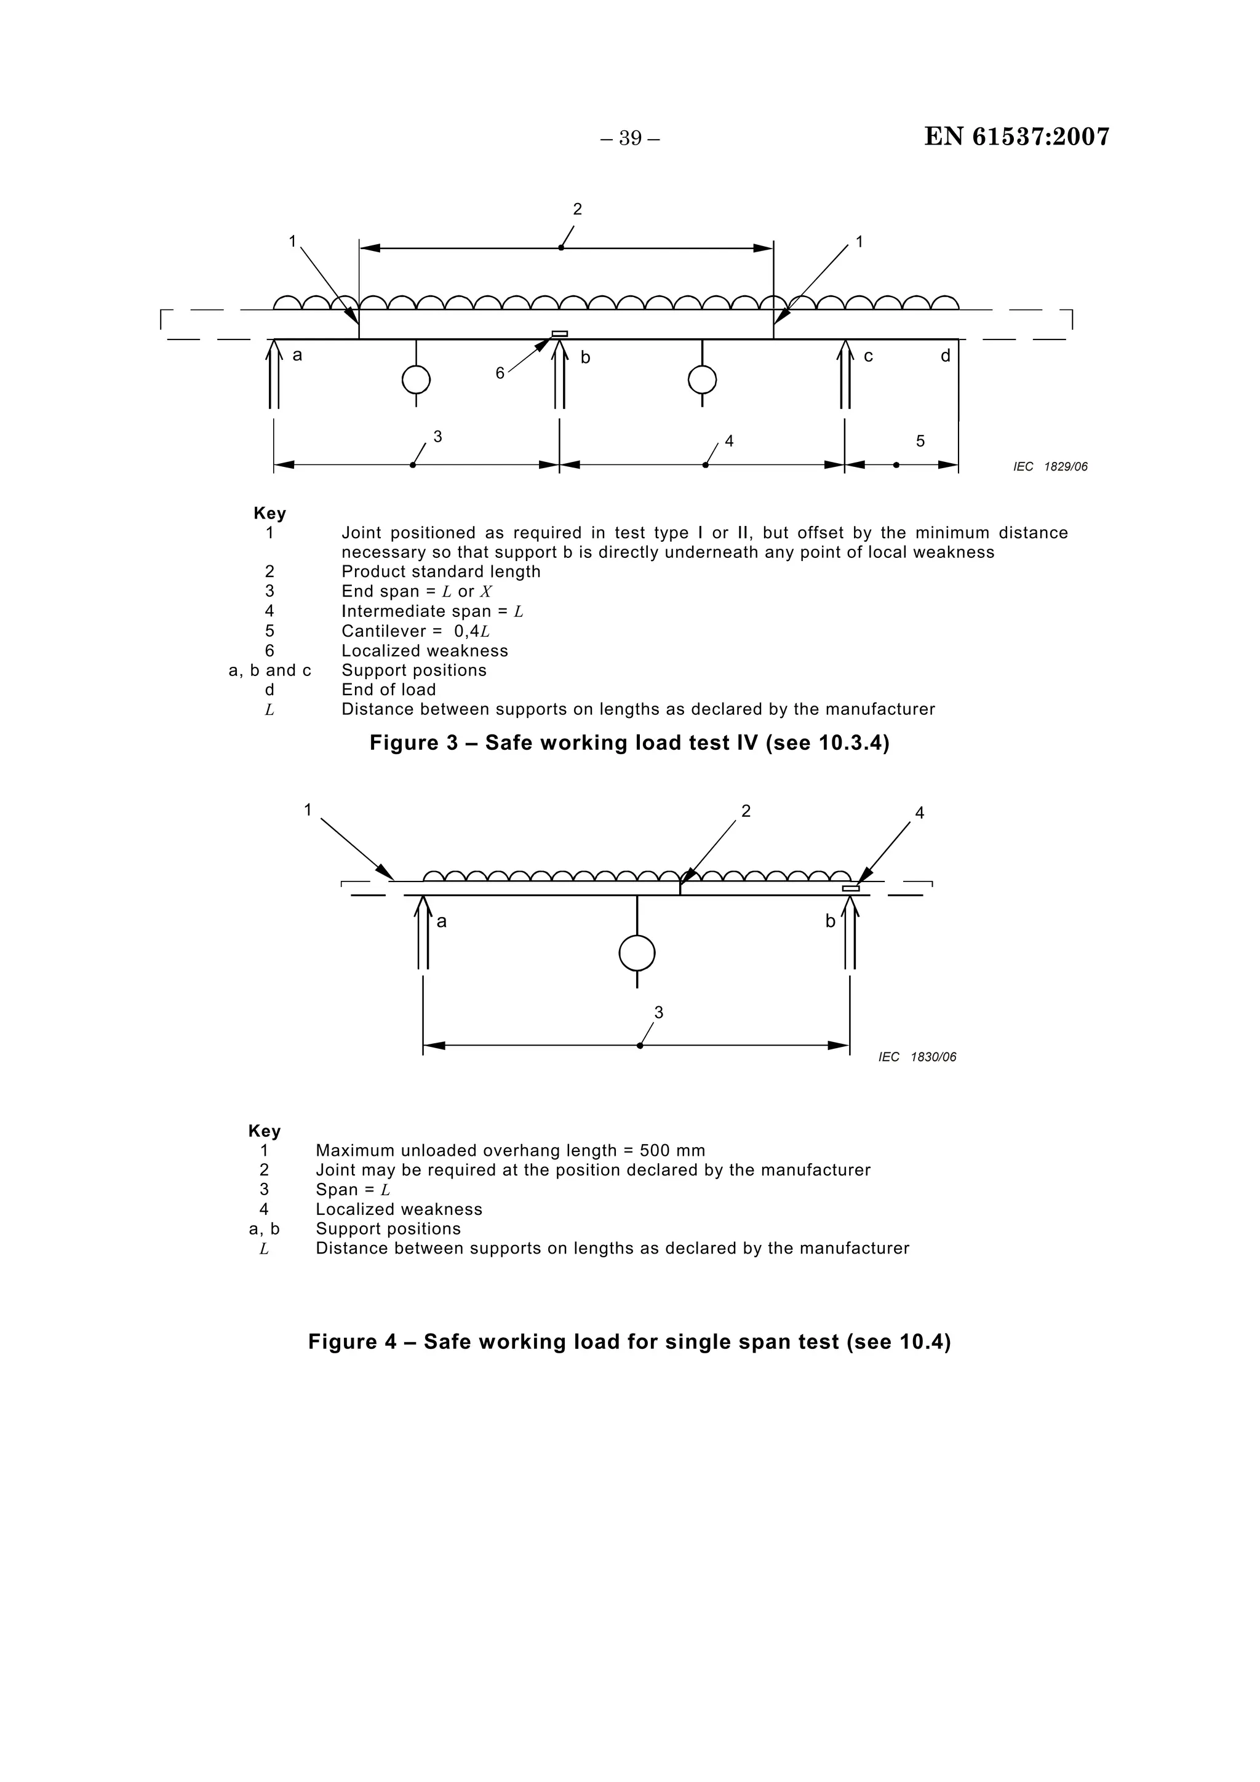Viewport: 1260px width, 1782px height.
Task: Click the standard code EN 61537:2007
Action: [x=1016, y=137]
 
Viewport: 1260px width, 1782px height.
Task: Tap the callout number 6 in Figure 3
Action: [x=500, y=373]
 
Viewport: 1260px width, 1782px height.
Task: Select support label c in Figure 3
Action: [x=868, y=356]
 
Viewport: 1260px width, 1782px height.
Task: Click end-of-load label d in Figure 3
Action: [x=945, y=356]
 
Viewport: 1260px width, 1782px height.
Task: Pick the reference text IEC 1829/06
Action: [x=1050, y=466]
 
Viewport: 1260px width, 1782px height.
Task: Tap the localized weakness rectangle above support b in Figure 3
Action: [x=560, y=334]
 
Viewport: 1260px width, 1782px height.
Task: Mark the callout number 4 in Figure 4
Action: [x=919, y=813]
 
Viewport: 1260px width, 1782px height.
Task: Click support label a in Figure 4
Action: [x=442, y=922]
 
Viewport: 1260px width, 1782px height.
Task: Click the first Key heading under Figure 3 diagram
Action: [x=269, y=514]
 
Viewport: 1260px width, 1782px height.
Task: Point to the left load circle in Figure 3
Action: [x=416, y=380]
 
